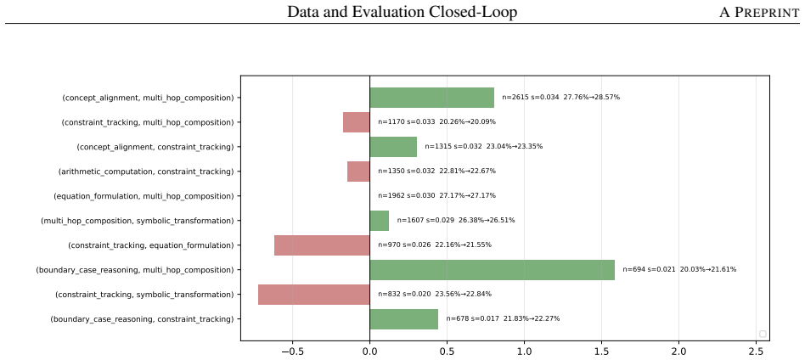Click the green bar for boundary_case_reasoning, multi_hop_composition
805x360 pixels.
pyautogui.click(x=492, y=270)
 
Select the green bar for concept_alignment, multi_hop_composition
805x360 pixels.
pyautogui.click(x=431, y=98)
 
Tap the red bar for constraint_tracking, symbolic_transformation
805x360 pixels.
pyautogui.click(x=313, y=295)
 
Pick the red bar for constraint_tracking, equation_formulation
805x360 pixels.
pyautogui.click(x=322, y=245)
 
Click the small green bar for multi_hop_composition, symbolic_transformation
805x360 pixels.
pyautogui.click(x=380, y=220)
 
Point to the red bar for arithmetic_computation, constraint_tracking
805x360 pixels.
pyautogui.click(x=358, y=171)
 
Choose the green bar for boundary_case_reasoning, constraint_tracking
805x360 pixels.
pyautogui.click(x=404, y=319)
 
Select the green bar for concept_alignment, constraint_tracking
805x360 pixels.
pyautogui.click(x=393, y=147)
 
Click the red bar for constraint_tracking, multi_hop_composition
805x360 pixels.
pyautogui.click(x=357, y=122)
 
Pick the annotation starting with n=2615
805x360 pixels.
pyautogui.click(x=561, y=98)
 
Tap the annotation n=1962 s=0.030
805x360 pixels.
pyautogui.click(x=407, y=195)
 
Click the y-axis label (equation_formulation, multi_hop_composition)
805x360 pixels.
pyautogui.click(x=144, y=196)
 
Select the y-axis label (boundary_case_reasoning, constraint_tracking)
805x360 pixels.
pyautogui.click(x=142, y=319)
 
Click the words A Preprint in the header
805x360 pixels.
pyautogui.click(x=759, y=13)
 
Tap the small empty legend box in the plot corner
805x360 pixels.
pyautogui.click(x=763, y=334)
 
